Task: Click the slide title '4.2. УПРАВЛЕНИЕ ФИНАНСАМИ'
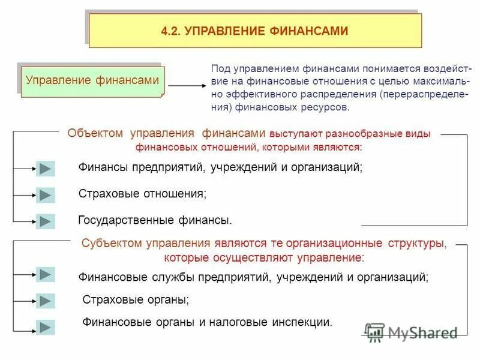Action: pyautogui.click(x=254, y=31)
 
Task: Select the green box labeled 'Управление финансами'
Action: pyautogui.click(x=94, y=80)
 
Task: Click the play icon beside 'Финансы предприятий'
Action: pyautogui.click(x=45, y=169)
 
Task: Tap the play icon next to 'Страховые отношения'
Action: pyautogui.click(x=45, y=195)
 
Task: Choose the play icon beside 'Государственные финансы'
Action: pyautogui.click(x=45, y=221)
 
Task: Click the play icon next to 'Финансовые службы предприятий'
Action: pyautogui.click(x=45, y=274)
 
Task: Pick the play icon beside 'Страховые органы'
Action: pyautogui.click(x=45, y=301)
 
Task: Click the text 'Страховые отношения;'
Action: pyautogui.click(x=142, y=194)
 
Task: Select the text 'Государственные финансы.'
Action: pyautogui.click(x=155, y=221)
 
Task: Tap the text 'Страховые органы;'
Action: pyautogui.click(x=136, y=299)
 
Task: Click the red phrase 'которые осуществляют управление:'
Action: pyautogui.click(x=264, y=258)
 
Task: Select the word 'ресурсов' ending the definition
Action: pyautogui.click(x=327, y=108)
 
